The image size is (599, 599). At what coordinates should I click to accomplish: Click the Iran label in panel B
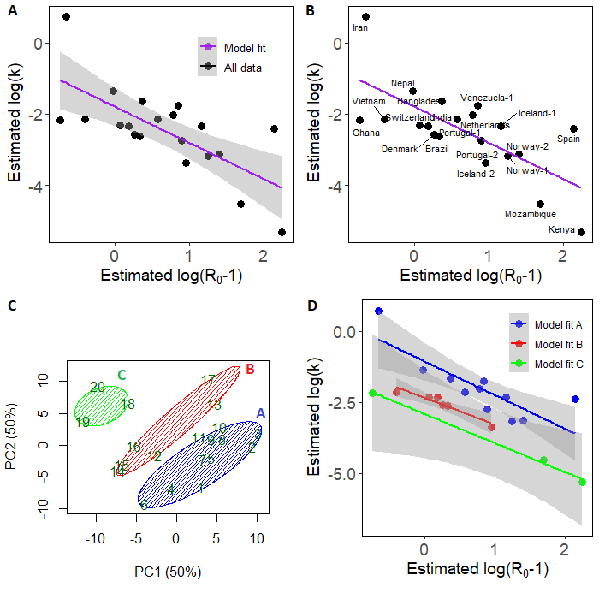tap(360, 28)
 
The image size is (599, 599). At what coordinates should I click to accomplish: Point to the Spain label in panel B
tap(568, 139)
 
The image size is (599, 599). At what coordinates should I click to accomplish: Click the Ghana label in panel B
tap(365, 133)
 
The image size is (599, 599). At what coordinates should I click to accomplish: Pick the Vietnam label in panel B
tap(369, 101)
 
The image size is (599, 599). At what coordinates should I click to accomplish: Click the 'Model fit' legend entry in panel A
tap(243, 48)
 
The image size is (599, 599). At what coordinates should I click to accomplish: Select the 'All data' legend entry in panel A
tap(241, 67)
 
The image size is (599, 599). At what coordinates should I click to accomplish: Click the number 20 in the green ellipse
tap(98, 387)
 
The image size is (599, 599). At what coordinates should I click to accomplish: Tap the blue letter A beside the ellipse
tap(261, 413)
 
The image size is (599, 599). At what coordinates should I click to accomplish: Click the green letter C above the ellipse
tap(122, 374)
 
